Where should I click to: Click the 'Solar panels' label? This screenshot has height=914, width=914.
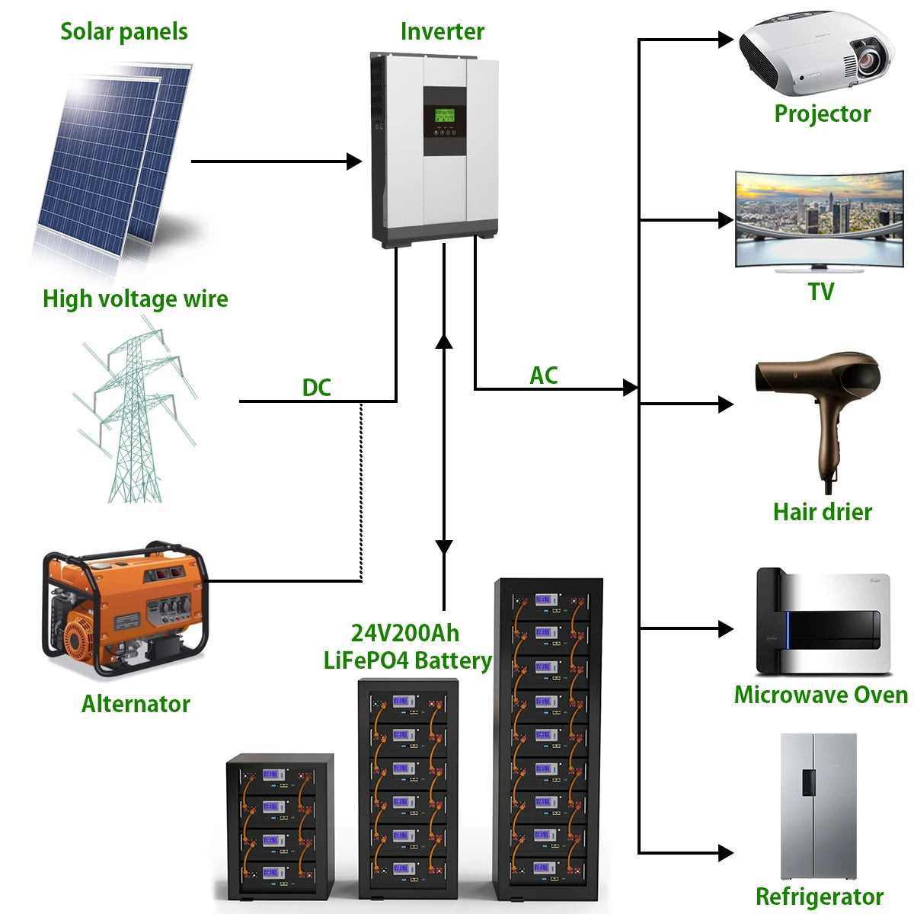(123, 31)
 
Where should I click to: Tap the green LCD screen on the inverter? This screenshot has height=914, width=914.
(444, 116)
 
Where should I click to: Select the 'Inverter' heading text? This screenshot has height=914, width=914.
(442, 31)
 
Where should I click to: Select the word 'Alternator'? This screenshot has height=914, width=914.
(136, 704)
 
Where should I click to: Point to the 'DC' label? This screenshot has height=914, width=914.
(316, 388)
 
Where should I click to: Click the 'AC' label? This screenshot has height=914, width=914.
(543, 376)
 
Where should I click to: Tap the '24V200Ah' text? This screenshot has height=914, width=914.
(404, 633)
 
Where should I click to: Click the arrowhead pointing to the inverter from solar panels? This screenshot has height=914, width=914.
(354, 161)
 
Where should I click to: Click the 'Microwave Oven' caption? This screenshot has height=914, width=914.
(820, 695)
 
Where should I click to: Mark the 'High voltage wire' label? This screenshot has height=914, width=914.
(135, 299)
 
